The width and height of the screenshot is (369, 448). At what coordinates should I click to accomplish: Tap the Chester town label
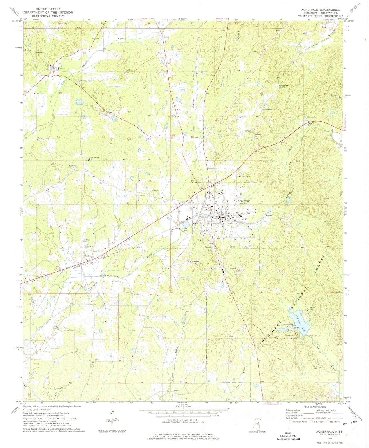pyautogui.click(x=61, y=68)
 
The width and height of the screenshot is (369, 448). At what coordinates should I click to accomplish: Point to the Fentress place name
pyautogui.click(x=89, y=256)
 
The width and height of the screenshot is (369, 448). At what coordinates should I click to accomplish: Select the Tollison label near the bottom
pyautogui.click(x=177, y=391)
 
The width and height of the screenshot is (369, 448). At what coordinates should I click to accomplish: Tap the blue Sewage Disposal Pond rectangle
pyautogui.click(x=185, y=225)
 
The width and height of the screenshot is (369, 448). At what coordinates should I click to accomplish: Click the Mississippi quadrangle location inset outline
pyautogui.click(x=257, y=424)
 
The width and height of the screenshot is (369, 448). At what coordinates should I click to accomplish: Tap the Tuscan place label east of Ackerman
pyautogui.click(x=269, y=216)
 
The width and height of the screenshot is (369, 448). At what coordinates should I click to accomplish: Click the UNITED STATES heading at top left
pyautogui.click(x=48, y=9)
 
